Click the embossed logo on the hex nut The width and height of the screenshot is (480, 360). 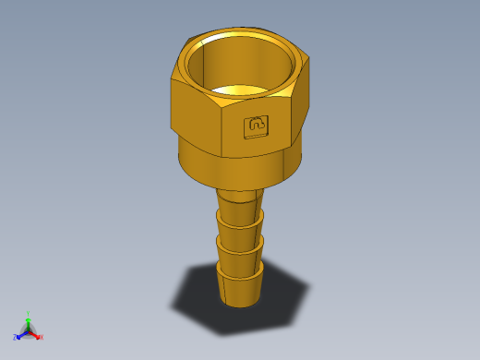[257, 126]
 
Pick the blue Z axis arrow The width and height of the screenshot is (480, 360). [20, 334]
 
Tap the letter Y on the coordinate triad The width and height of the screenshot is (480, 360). [28, 313]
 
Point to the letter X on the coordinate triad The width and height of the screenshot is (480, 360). [42, 338]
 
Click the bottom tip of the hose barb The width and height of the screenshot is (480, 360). [241, 302]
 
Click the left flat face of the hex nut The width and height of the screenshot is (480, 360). [196, 115]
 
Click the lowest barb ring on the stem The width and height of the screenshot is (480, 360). [241, 282]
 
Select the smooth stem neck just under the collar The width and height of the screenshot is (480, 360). [239, 196]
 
